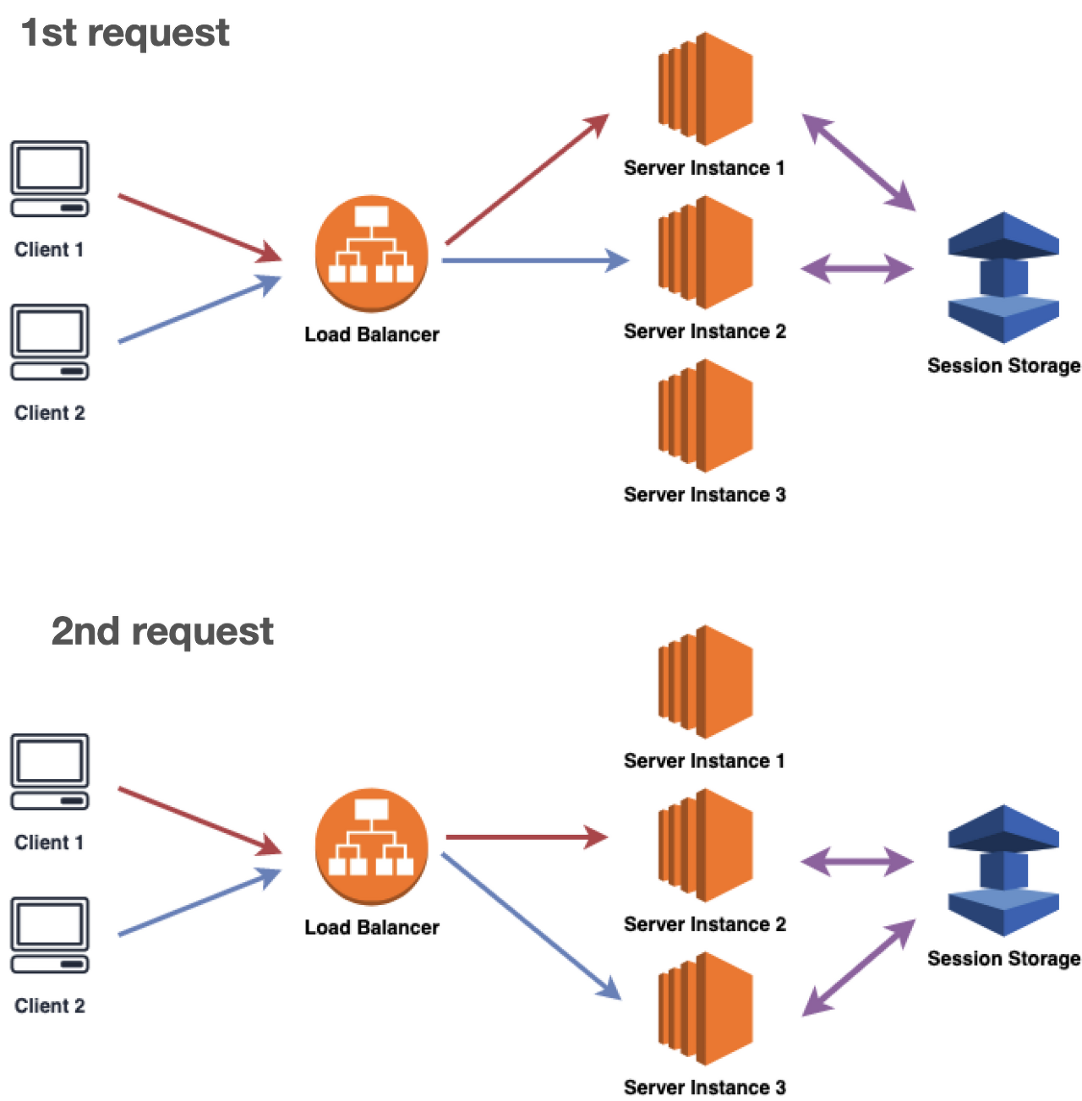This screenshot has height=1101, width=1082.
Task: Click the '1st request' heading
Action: coord(125,33)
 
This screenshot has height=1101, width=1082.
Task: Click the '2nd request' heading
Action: coord(162,631)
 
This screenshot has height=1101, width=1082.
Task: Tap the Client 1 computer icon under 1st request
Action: coord(51,179)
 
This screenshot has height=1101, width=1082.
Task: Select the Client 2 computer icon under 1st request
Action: coord(51,342)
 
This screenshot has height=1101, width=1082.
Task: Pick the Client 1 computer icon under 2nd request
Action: coord(51,772)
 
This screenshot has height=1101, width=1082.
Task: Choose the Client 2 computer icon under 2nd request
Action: coord(51,935)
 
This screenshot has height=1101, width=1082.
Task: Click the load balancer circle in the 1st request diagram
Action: coord(371,253)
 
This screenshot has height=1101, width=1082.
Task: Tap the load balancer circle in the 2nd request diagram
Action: coord(371,847)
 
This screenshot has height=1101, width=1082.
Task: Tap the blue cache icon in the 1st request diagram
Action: coord(1003,278)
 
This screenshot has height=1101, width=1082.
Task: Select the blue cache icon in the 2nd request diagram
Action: coord(1003,871)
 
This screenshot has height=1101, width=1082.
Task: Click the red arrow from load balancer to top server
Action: coord(526,179)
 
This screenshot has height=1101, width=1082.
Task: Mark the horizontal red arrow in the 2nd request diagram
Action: coord(526,837)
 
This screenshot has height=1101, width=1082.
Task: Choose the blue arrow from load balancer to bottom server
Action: coord(531,926)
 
